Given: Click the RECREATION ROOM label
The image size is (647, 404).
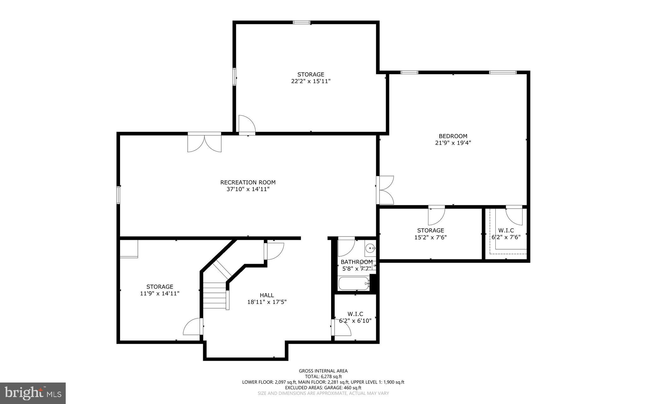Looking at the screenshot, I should pyautogui.click(x=248, y=182).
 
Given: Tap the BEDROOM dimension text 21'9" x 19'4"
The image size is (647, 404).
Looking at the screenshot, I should pyautogui.click(x=453, y=143).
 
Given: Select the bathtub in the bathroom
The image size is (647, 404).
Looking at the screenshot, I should pyautogui.click(x=354, y=283).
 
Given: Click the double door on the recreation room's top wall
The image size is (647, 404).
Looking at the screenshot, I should pyautogui.click(x=204, y=142).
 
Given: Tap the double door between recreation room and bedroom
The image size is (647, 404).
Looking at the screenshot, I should pyautogui.click(x=385, y=190).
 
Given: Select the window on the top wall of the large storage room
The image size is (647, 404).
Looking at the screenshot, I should pyautogui.click(x=301, y=22).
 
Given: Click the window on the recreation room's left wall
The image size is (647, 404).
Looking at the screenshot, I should pyautogui.click(x=118, y=195).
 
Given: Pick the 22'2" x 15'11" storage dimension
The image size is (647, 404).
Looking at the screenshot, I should pyautogui.click(x=311, y=81).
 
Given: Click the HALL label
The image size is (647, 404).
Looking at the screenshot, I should pyautogui.click(x=267, y=295).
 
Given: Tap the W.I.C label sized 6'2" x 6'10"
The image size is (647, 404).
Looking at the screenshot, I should pyautogui.click(x=355, y=314).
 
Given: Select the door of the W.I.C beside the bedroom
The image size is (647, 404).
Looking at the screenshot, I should pyautogui.click(x=514, y=215).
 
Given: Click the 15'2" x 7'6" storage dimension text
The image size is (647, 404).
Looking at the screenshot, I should pyautogui.click(x=430, y=237).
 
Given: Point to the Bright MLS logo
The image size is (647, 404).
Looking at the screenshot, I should pyautogui.click(x=33, y=393).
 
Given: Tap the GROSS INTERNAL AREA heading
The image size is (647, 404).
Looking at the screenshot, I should pyautogui.click(x=323, y=371).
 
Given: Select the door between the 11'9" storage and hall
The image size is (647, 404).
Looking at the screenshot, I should pyautogui.click(x=193, y=327).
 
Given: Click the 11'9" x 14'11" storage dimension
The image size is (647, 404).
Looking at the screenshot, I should pyautogui.click(x=160, y=293).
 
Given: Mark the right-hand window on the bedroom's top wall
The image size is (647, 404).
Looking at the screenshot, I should pyautogui.click(x=503, y=72).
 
